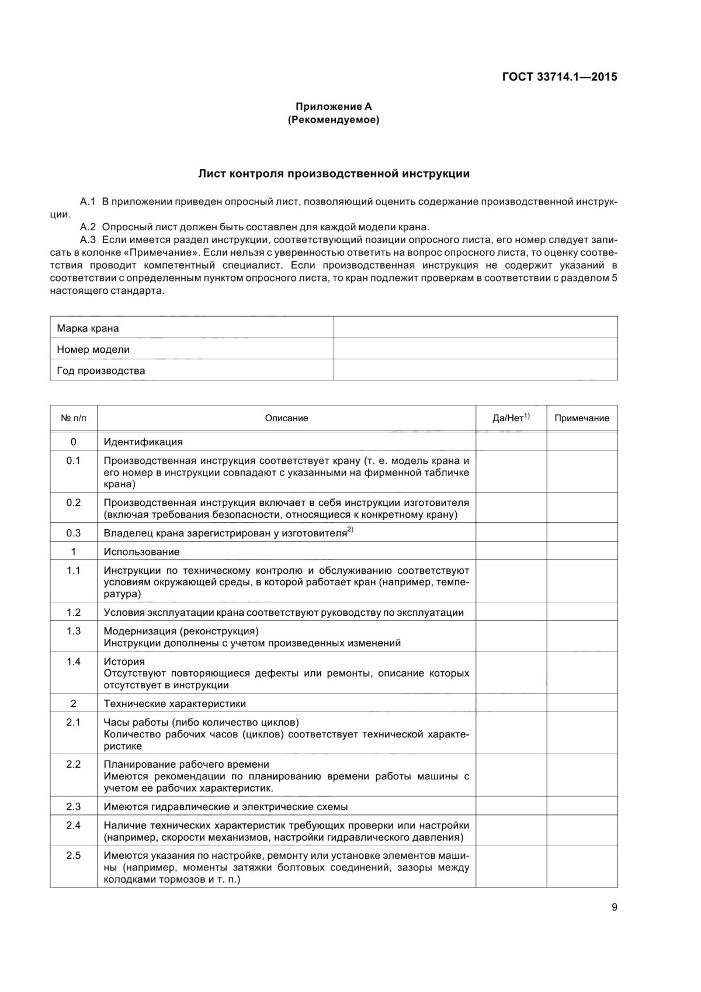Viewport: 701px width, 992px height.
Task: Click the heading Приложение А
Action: click(334, 106)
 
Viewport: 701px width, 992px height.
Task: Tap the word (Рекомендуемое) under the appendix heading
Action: click(334, 120)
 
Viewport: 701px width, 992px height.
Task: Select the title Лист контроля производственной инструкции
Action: click(334, 174)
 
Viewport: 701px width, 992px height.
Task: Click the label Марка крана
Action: click(88, 328)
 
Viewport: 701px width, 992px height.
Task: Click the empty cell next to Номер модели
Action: click(475, 349)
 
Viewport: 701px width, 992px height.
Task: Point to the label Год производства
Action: click(101, 370)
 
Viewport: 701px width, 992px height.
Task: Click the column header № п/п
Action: click(73, 418)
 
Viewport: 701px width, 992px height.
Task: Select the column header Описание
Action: click(286, 418)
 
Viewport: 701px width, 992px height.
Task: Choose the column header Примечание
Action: click(581, 418)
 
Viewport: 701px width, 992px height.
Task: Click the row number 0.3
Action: click(73, 533)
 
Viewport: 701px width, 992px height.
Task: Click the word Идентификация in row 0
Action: click(143, 442)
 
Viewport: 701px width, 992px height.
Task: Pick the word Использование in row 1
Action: click(142, 552)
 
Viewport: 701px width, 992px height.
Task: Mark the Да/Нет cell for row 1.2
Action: click(511, 612)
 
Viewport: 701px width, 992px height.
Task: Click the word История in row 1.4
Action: click(124, 661)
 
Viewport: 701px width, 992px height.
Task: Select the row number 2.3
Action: click(73, 806)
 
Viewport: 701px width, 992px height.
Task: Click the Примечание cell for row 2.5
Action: click(581, 866)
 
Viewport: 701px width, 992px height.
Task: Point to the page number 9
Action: click(614, 907)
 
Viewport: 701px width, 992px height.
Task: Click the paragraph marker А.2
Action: click(88, 227)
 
